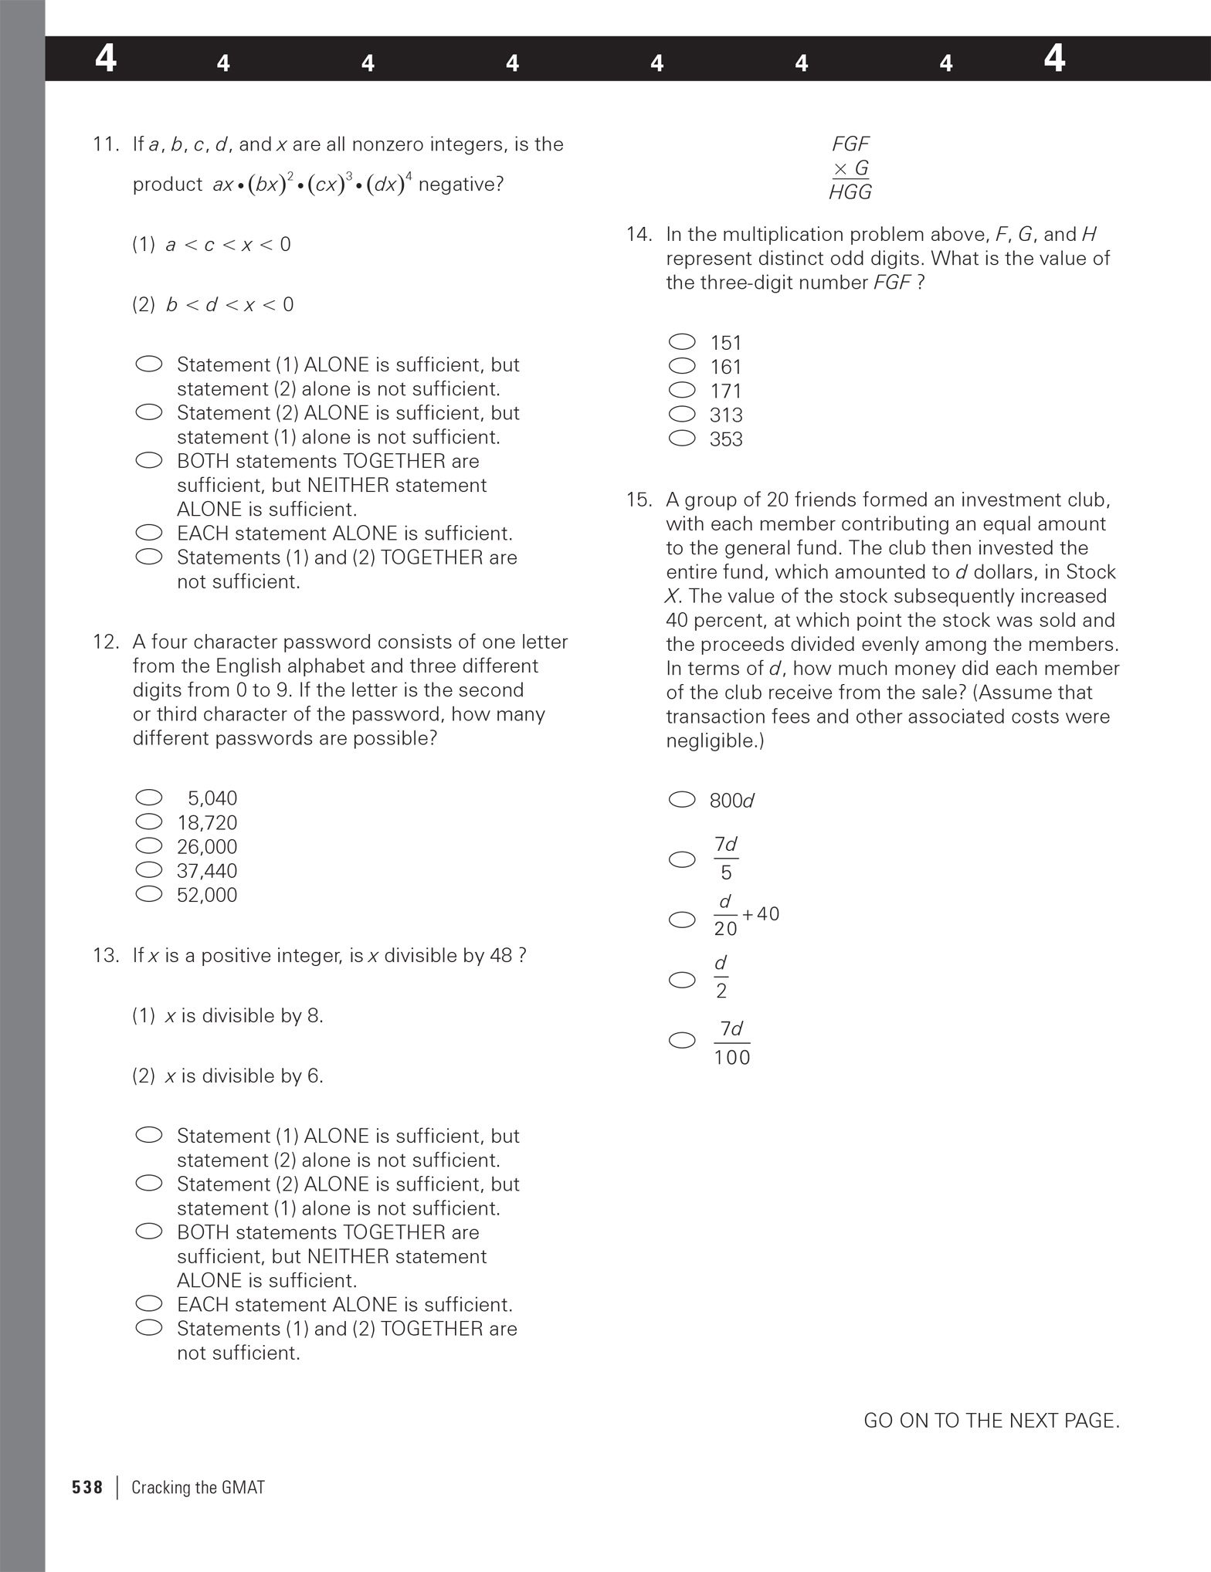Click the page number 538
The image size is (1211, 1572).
[87, 1487]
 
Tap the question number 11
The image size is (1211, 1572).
[106, 144]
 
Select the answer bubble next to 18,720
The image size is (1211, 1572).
[149, 822]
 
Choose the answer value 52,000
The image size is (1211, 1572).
[207, 895]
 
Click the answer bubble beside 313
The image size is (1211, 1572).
[682, 415]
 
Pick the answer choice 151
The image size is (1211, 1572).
[726, 343]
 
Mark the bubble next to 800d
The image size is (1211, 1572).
[682, 800]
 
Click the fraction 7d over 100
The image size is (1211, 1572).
[731, 1042]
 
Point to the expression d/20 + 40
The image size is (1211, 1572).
[745, 915]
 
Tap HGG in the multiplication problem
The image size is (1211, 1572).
[850, 192]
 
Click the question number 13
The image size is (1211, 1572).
[106, 956]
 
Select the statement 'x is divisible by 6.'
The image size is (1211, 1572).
[243, 1076]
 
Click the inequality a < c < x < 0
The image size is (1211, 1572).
[228, 245]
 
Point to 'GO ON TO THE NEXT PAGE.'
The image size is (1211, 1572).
[991, 1421]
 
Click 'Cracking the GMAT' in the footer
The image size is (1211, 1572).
[198, 1487]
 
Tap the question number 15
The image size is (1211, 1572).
[639, 500]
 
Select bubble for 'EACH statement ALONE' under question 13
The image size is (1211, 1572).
[149, 1304]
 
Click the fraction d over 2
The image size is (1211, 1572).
[721, 977]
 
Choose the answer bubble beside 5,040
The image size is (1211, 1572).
[149, 798]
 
